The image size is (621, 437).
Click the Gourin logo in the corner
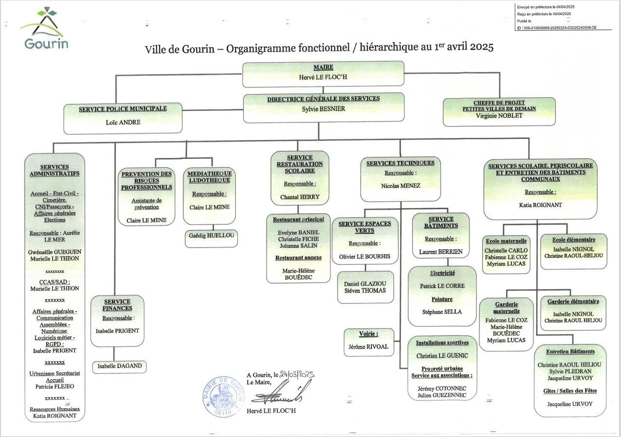[x=45, y=29]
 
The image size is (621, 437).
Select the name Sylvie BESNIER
[x=323, y=108]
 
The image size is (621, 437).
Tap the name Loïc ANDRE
[x=123, y=122]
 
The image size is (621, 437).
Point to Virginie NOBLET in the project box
[x=499, y=116]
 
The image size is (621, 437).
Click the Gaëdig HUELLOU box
[x=211, y=235]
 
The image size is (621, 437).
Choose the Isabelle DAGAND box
[x=119, y=366]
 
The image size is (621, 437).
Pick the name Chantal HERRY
[x=300, y=197]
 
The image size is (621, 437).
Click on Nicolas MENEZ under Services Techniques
[x=401, y=185]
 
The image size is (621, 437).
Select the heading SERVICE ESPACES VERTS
[x=365, y=227]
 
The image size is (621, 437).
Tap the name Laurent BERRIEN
[x=440, y=252]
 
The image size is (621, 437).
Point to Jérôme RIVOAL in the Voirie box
[x=368, y=347]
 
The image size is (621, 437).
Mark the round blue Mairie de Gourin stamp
[x=223, y=396]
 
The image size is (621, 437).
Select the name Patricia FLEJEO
[x=55, y=386]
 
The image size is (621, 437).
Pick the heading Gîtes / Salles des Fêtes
[x=570, y=391]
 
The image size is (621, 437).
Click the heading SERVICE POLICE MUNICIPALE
[x=123, y=109]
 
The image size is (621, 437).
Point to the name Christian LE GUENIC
[x=442, y=356]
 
